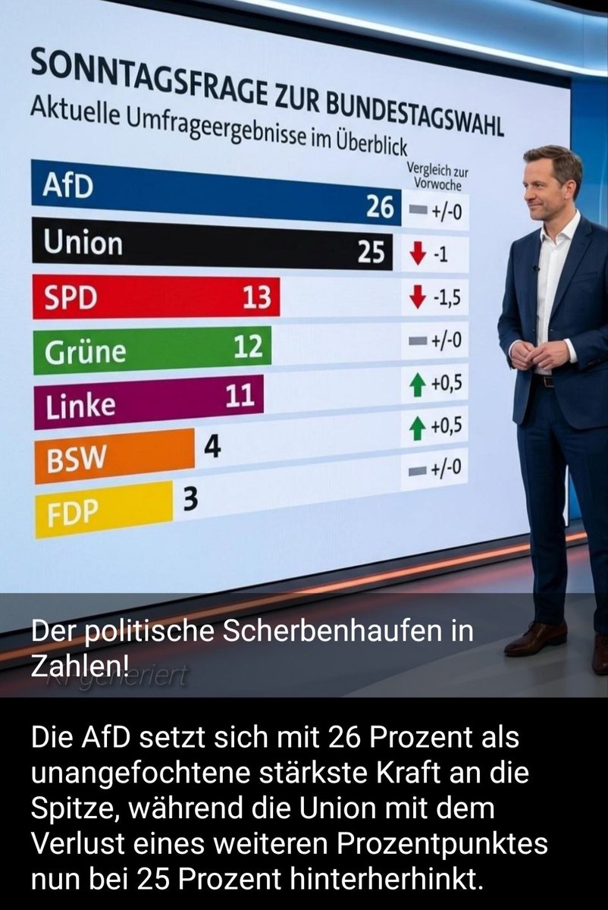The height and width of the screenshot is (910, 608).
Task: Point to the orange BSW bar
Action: point(114,455)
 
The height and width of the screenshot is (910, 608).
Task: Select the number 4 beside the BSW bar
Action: point(213,447)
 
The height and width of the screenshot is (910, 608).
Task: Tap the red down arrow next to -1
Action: point(415,255)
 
